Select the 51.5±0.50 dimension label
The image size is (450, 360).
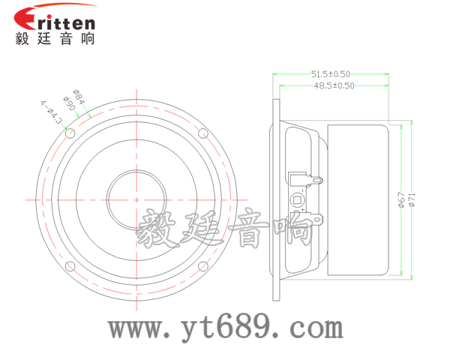click(x=331, y=74)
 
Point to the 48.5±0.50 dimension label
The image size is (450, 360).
click(x=334, y=85)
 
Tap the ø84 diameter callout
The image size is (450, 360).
click(x=78, y=97)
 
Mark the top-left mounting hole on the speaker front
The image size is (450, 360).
click(x=70, y=133)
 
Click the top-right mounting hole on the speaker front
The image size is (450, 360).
click(x=202, y=133)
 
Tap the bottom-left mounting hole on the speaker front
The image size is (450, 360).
click(x=70, y=265)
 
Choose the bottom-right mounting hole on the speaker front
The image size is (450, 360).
click(x=202, y=265)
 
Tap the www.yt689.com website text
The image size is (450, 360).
click(x=225, y=328)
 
